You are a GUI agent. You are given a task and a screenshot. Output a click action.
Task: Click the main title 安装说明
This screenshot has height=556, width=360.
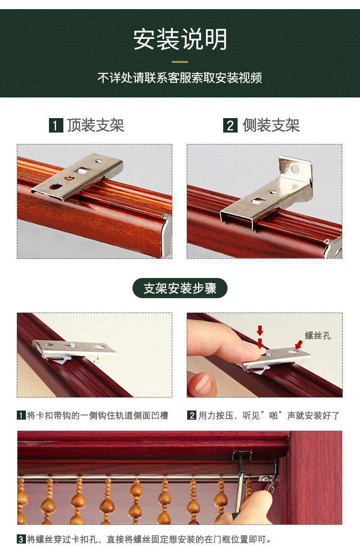[x=180, y=39]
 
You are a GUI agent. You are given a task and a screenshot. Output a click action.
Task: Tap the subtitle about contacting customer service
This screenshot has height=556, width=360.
[x=180, y=78]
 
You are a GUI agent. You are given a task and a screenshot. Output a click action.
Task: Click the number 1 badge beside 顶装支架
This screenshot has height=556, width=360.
[x=56, y=125]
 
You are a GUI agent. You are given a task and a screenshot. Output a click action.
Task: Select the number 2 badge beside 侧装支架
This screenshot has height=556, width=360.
[x=230, y=125]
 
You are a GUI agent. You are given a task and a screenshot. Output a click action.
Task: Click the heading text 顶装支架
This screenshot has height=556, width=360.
[x=96, y=125]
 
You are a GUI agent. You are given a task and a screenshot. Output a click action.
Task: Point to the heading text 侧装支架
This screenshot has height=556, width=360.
[x=271, y=125]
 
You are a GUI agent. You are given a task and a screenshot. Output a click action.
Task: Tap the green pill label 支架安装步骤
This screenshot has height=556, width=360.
[x=180, y=288]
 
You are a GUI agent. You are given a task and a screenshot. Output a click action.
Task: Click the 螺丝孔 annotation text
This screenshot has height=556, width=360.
[x=318, y=336]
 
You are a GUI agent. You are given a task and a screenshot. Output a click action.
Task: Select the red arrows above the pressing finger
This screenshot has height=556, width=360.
[x=260, y=337]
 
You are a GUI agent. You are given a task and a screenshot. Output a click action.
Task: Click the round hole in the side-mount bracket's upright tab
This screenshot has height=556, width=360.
[x=295, y=169]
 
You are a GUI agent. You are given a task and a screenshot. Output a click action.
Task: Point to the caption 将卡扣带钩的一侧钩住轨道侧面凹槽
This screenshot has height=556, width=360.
[x=97, y=415]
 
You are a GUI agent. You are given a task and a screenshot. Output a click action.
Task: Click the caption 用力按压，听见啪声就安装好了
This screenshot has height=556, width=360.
[x=269, y=415]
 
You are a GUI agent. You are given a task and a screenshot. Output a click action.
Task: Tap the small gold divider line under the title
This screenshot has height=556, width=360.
[x=180, y=62]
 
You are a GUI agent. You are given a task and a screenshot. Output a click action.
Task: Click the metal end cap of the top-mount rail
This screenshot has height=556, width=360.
[x=167, y=235]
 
